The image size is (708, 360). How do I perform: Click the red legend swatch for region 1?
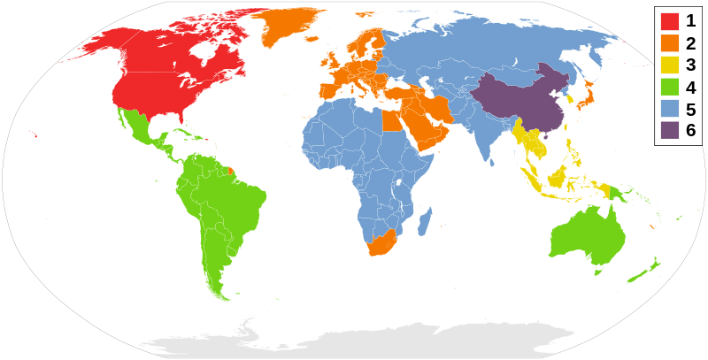pos(669,20)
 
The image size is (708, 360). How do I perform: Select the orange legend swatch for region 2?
pos(669,42)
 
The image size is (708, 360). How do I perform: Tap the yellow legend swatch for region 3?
pos(669,65)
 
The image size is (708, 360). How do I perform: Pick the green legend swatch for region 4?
pos(669,87)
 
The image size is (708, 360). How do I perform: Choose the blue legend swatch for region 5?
pos(669,109)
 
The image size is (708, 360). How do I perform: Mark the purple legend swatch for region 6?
pos(669,131)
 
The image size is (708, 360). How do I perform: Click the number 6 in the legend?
pos(690,131)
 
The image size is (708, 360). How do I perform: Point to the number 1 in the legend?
pos(690,20)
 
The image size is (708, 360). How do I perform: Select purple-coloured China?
pos(518,102)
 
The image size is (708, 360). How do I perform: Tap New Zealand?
pos(644,270)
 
